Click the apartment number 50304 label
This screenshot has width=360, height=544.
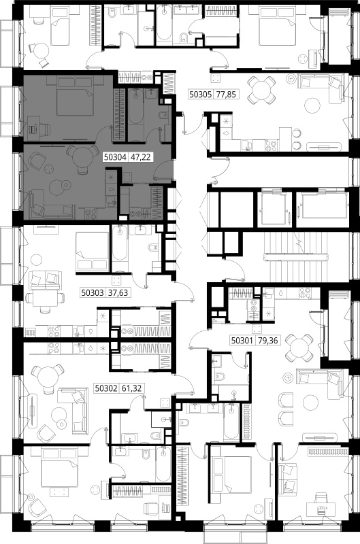click(116, 157)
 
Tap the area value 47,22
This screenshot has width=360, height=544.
click(140, 157)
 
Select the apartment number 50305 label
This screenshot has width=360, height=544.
click(201, 94)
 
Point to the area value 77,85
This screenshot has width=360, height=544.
click(226, 94)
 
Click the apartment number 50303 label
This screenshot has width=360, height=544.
click(93, 293)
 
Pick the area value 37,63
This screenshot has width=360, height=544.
click(118, 293)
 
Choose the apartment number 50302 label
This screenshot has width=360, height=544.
click(107, 388)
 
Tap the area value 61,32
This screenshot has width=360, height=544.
click(131, 388)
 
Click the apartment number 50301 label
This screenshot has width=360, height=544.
click(242, 341)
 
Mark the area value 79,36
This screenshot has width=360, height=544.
click(268, 341)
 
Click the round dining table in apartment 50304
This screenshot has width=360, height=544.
click(82, 158)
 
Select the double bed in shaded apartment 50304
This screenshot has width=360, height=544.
click(75, 97)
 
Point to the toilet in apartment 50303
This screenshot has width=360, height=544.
click(153, 248)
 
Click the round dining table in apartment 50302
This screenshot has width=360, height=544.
click(47, 378)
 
